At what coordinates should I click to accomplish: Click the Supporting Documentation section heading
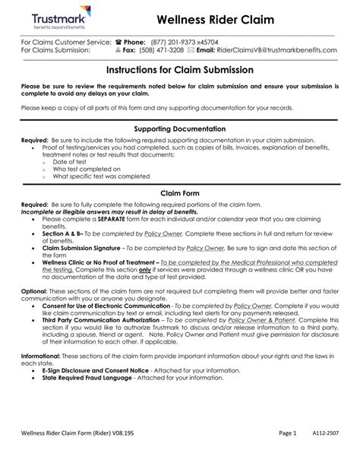coord(179,129)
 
